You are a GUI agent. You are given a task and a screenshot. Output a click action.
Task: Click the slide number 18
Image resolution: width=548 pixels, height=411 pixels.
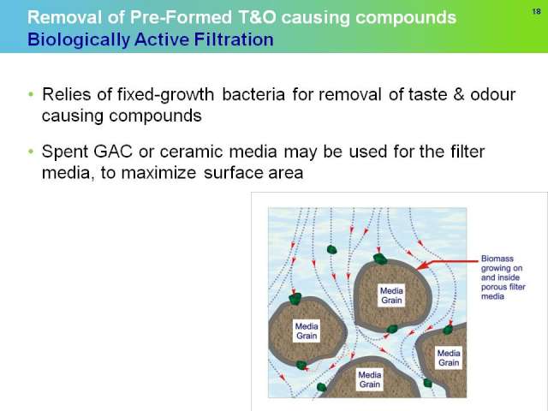pyautogui.click(x=537, y=11)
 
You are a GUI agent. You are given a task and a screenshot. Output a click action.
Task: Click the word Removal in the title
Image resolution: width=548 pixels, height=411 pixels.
pyautogui.click(x=65, y=17)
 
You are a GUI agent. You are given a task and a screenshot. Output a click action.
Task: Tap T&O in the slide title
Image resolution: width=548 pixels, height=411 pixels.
pyautogui.click(x=257, y=17)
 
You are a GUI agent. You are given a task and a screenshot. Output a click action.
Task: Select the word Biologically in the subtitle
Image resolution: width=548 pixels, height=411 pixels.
pyautogui.click(x=78, y=39)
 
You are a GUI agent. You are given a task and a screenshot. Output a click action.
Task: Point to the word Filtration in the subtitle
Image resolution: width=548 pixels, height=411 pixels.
pyautogui.click(x=234, y=39)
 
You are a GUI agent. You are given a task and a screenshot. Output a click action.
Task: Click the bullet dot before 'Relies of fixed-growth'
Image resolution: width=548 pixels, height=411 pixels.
pyautogui.click(x=31, y=94)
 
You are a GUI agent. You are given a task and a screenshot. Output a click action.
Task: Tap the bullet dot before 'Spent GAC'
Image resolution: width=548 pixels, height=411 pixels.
pyautogui.click(x=31, y=152)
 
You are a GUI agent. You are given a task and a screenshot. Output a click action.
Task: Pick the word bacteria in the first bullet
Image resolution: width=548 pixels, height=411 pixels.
pyautogui.click(x=253, y=94)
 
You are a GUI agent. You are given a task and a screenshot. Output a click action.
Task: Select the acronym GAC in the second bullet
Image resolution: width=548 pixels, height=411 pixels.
pyautogui.click(x=113, y=152)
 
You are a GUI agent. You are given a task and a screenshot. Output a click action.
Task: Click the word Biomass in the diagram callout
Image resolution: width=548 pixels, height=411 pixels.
pyautogui.click(x=497, y=259)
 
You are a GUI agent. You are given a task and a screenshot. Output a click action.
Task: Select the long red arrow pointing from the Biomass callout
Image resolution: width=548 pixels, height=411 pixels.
pyautogui.click(x=448, y=264)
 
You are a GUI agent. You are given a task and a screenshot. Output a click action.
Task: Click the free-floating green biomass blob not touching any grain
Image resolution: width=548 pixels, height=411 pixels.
pyautogui.click(x=331, y=249)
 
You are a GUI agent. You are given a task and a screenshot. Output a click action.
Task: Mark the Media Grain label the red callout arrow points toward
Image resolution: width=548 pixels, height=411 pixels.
pyautogui.click(x=391, y=295)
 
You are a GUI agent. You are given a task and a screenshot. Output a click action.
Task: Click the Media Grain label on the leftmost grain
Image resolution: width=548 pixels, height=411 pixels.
pyautogui.click(x=307, y=331)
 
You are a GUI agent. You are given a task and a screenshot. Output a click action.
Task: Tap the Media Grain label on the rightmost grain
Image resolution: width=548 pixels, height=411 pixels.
pyautogui.click(x=449, y=358)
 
